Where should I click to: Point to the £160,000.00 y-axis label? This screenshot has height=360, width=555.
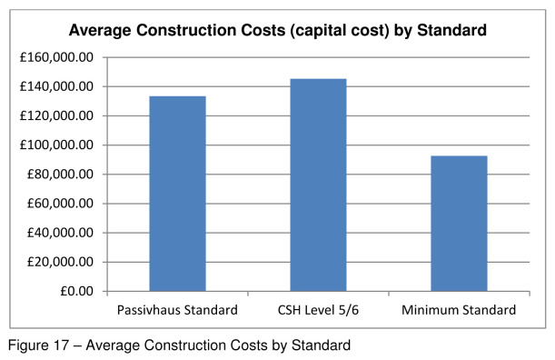(x=58, y=57)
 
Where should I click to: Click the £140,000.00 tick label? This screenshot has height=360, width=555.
(x=58, y=86)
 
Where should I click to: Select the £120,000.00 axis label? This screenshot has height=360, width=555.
(x=58, y=115)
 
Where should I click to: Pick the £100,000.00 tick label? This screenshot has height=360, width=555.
(x=58, y=145)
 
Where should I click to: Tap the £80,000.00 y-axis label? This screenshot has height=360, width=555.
(x=62, y=175)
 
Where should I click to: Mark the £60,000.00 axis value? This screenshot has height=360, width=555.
(x=62, y=204)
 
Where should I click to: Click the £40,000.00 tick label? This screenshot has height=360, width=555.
(x=62, y=233)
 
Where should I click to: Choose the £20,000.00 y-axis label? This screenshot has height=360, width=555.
(x=62, y=262)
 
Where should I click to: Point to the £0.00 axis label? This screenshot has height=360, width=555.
(x=76, y=291)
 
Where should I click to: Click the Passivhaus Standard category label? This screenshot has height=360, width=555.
(x=177, y=310)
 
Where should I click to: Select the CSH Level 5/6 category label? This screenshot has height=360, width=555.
(x=318, y=310)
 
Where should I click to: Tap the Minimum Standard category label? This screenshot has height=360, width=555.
(x=459, y=310)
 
